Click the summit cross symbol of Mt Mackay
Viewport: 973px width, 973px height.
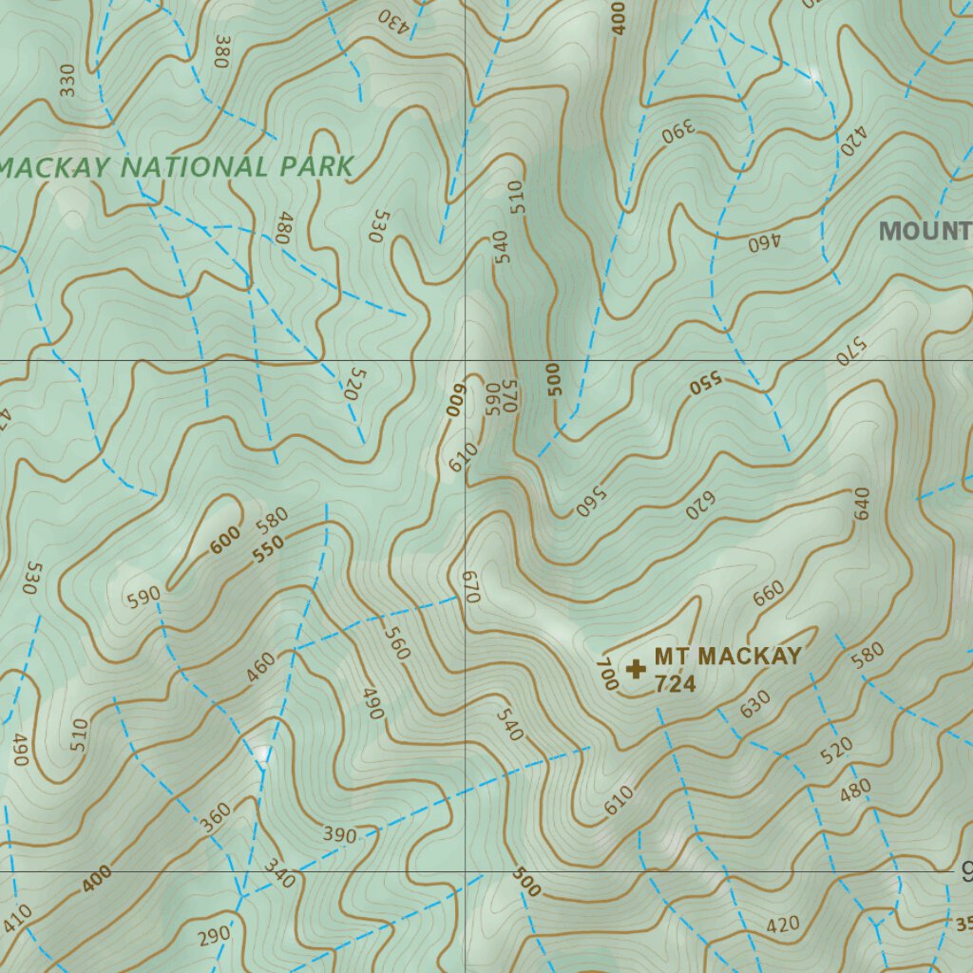637,670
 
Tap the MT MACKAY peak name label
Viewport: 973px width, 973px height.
728,657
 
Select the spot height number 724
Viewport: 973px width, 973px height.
675,684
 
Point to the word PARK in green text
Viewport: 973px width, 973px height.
317,167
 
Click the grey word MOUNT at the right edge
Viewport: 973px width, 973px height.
925,231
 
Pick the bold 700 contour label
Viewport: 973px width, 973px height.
606,673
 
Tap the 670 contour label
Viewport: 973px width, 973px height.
471,587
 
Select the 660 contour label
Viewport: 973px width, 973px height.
768,592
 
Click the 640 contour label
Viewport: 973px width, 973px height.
862,503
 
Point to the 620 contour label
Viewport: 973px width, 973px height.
701,506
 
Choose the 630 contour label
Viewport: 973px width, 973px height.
755,704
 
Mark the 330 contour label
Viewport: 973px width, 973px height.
67,82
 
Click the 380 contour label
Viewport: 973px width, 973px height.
223,51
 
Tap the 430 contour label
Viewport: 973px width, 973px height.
394,19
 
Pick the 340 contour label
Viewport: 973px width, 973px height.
279,873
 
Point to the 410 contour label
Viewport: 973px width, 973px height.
16,919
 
